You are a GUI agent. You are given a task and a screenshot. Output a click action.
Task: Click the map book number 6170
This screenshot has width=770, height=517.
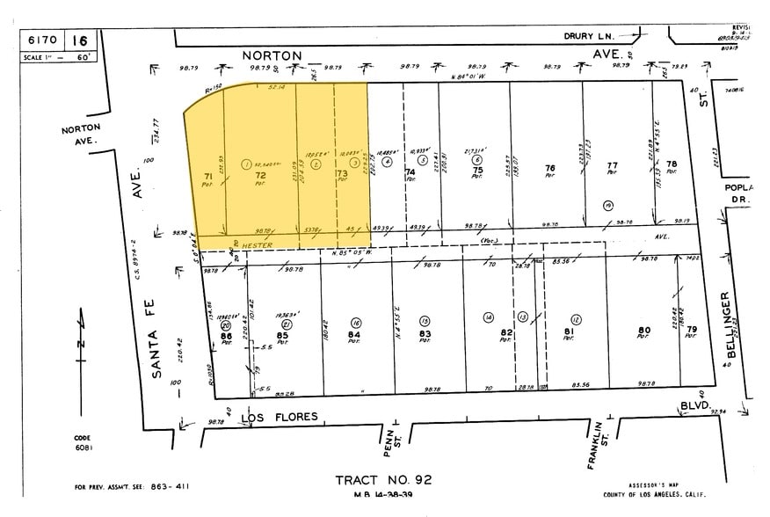(44, 40)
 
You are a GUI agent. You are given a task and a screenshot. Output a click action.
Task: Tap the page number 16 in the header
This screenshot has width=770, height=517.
(80, 40)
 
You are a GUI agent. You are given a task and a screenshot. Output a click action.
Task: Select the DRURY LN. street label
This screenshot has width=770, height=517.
(588, 36)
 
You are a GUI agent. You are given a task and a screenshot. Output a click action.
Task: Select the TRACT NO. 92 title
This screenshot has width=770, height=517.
(382, 480)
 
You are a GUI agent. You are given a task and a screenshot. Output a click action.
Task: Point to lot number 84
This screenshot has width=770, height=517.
(353, 335)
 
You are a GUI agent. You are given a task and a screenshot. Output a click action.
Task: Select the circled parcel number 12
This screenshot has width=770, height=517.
(577, 318)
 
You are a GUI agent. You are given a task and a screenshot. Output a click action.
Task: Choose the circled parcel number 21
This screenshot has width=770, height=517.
(286, 324)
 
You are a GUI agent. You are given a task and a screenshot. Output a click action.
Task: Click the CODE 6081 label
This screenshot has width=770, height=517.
(82, 443)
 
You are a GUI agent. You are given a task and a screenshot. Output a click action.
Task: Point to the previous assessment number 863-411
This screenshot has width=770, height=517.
(169, 486)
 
